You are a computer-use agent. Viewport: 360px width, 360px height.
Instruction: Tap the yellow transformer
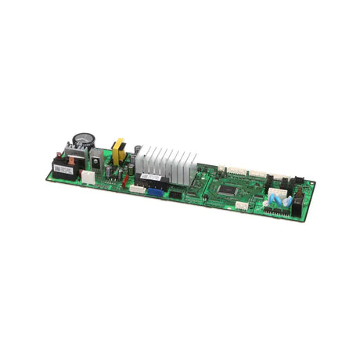(x=119, y=151)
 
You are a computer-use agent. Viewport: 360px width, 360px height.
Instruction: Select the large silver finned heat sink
(x=167, y=162)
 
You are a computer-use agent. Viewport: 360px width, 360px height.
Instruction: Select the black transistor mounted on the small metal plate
(x=98, y=160)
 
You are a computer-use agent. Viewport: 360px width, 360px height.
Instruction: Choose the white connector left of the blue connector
(x=137, y=189)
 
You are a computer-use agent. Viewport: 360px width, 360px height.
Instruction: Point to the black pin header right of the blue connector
(x=176, y=194)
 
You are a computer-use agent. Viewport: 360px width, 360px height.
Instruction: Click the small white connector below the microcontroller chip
(x=242, y=206)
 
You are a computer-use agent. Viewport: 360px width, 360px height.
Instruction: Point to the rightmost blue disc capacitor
(x=290, y=202)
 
